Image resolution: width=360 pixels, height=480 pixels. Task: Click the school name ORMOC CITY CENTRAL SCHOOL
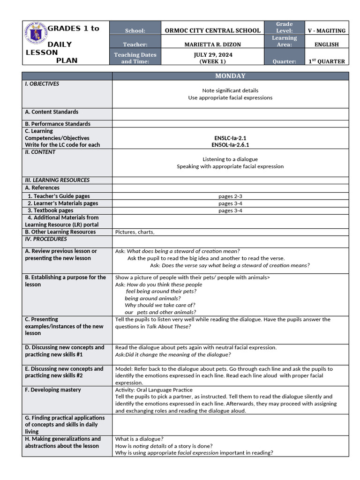(212, 30)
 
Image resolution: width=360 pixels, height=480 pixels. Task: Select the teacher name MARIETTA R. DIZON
(212, 45)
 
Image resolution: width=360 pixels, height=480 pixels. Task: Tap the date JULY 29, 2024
(212, 54)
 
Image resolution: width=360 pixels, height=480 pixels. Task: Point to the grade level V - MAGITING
(327, 30)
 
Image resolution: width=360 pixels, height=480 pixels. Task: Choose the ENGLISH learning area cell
(327, 45)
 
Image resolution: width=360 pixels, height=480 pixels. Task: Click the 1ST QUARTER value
(327, 61)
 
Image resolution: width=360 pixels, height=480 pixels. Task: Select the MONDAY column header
(230, 76)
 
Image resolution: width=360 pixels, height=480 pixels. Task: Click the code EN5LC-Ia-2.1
(230, 138)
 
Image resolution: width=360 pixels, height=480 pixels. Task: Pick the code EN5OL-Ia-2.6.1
(230, 145)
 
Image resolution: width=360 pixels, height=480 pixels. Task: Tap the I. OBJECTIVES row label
(42, 84)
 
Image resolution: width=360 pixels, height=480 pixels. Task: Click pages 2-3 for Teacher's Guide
(230, 196)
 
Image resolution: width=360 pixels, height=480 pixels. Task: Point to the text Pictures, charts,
(135, 232)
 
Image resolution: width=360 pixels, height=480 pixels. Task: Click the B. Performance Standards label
(58, 124)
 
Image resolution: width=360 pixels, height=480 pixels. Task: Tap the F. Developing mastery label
(53, 390)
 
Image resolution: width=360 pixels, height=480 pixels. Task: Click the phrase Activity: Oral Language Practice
(154, 390)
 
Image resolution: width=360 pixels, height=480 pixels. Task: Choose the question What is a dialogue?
(139, 439)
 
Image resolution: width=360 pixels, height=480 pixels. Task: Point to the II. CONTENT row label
(40, 152)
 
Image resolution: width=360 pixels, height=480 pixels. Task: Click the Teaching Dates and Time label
(135, 58)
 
